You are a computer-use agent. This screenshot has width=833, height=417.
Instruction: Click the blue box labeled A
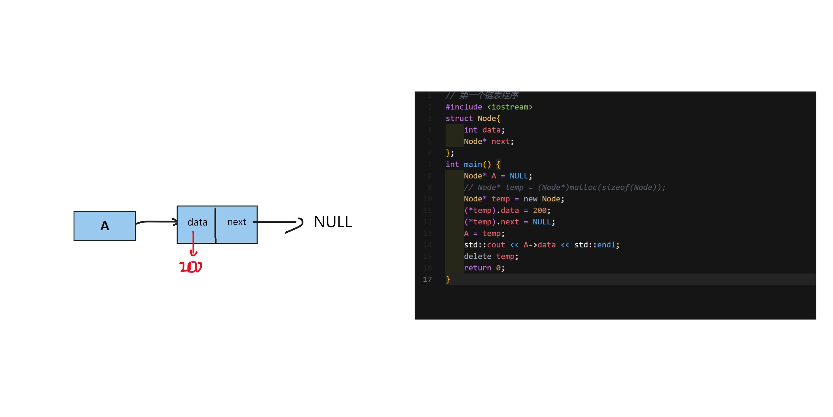point(105,226)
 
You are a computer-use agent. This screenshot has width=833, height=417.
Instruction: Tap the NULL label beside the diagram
point(333,222)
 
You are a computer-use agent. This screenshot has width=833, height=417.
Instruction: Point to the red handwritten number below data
point(191,267)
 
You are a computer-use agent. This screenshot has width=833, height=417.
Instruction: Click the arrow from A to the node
point(157,222)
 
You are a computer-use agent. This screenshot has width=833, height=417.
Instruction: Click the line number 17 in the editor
point(427,279)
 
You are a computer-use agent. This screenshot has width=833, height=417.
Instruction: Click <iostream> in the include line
point(510,107)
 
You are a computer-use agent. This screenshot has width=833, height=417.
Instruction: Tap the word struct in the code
point(459,118)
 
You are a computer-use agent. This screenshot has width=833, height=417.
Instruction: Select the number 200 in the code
point(539,210)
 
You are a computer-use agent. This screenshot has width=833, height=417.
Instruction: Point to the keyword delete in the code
point(477,256)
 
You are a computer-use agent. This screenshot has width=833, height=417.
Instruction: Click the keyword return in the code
point(477,268)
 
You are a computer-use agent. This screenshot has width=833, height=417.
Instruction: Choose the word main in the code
point(473,164)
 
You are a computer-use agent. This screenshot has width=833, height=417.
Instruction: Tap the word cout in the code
point(496,245)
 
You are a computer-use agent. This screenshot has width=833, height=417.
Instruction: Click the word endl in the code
point(606,245)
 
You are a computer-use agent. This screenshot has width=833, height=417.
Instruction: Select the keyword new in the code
point(530,199)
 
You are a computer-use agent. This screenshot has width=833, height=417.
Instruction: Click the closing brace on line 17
point(448,279)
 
